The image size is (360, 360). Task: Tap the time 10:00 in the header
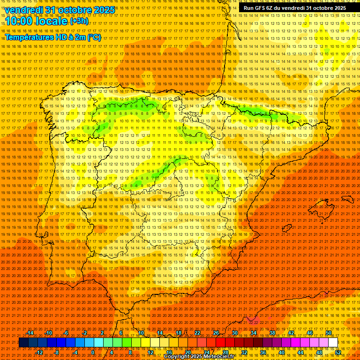[x=19, y=22]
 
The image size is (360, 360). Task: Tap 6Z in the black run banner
[x=272, y=8]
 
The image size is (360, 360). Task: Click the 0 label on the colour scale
[x=93, y=352]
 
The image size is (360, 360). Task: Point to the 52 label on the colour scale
[x=338, y=352]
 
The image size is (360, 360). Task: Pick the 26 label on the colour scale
[x=216, y=333]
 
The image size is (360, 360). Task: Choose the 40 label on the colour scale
[x=282, y=352]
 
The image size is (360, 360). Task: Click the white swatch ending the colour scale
[x=333, y=343]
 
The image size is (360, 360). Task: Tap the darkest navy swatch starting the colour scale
[x=23, y=343]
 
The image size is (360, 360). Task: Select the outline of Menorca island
[x=347, y=197]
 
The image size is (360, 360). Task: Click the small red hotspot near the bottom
[x=254, y=320]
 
